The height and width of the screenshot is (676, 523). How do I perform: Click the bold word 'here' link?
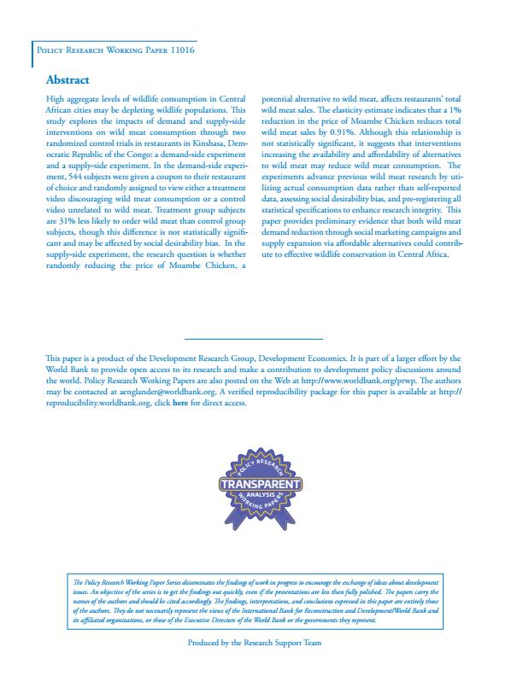[x=179, y=403]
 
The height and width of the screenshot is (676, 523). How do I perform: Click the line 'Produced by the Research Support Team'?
[x=253, y=643]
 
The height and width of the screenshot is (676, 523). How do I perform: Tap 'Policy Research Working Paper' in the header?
[x=97, y=51]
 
